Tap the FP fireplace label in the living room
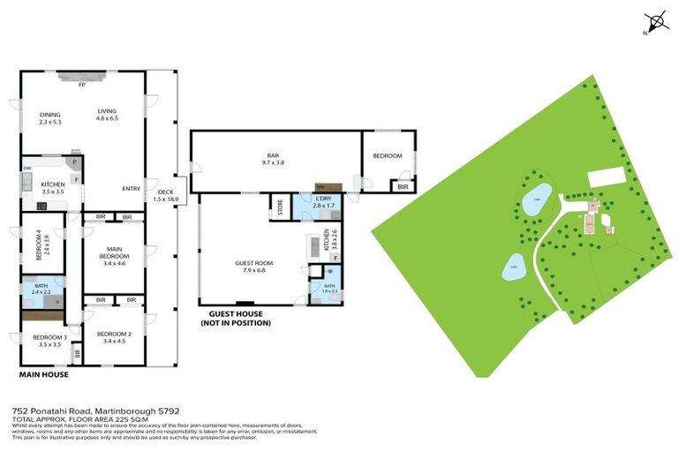(81, 85)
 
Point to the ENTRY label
(131, 187)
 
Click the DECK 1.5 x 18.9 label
(165, 196)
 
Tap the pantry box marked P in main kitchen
(76, 163)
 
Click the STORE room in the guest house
(281, 208)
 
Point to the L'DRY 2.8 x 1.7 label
(323, 202)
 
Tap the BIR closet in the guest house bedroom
(403, 186)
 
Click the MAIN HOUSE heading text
(43, 374)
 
